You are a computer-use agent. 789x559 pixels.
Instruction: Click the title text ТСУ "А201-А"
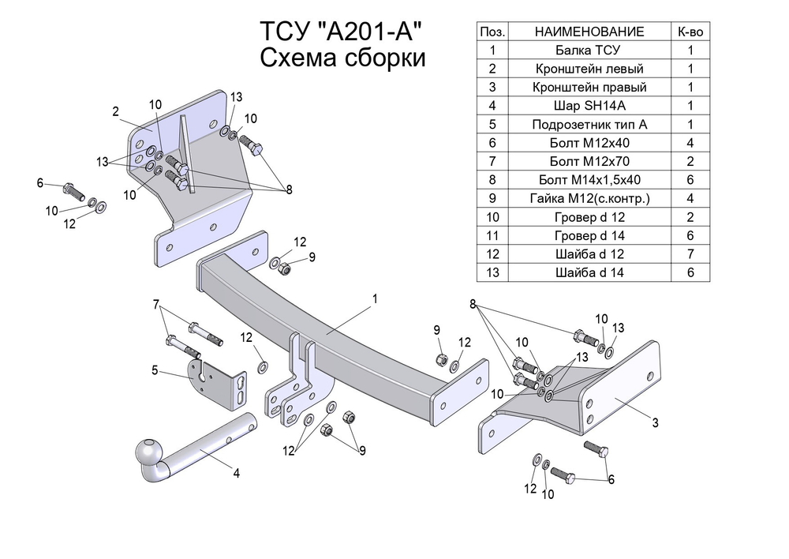[341, 32]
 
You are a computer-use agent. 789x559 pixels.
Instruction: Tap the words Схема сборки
[342, 58]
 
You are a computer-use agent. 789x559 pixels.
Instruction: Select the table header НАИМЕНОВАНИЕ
[589, 32]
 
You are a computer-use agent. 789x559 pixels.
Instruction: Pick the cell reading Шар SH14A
[589, 106]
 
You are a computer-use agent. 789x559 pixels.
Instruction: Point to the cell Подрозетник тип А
[589, 125]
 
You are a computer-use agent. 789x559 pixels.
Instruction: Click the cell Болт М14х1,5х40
[589, 180]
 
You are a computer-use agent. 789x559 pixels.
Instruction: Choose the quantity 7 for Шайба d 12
[690, 253]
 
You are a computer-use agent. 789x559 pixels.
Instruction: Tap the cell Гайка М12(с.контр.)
[589, 198]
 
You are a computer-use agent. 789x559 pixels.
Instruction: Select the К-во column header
[690, 32]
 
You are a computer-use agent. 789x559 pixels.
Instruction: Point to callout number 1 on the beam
[375, 299]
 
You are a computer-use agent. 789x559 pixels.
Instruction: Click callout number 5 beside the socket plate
[155, 370]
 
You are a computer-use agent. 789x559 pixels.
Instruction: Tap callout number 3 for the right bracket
[655, 423]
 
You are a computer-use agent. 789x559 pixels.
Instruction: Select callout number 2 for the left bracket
[115, 111]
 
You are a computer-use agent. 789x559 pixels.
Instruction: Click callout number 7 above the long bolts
[156, 305]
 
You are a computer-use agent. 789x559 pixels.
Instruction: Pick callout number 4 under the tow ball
[236, 473]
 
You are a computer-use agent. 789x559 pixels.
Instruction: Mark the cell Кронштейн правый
[589, 87]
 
